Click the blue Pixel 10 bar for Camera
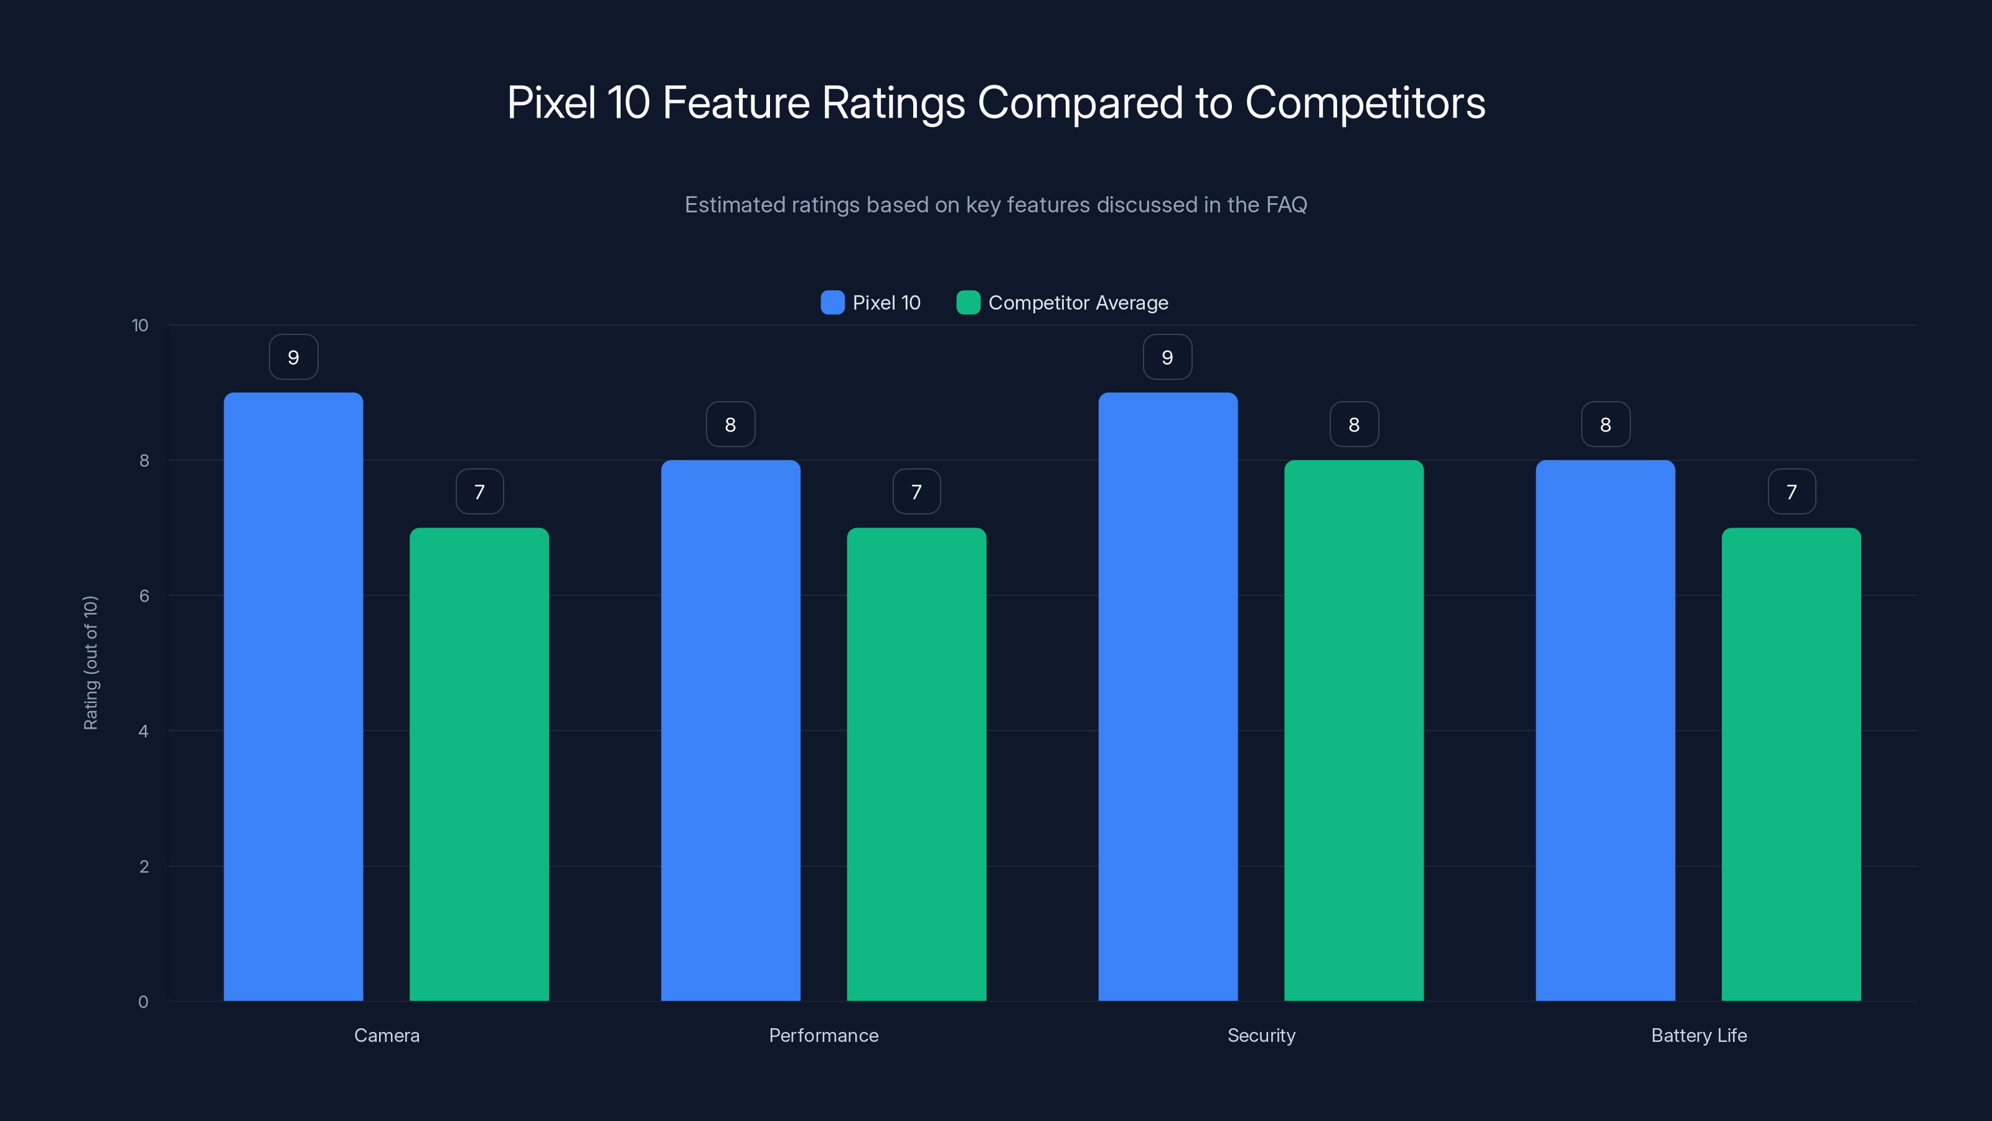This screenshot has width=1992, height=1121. (x=293, y=696)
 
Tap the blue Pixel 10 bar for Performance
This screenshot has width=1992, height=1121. (x=730, y=731)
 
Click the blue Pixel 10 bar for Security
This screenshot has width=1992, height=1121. (x=1168, y=696)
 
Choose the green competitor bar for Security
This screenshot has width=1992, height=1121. (x=1353, y=731)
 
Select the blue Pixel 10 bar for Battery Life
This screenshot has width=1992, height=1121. (x=1605, y=731)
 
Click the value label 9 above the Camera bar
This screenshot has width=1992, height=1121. (x=293, y=357)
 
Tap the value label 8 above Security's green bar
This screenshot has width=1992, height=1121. (x=1353, y=424)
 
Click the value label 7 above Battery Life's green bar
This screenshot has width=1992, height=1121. (x=1791, y=491)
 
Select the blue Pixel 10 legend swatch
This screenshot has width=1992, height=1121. (x=832, y=303)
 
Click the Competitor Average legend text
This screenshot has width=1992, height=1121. (x=1078, y=303)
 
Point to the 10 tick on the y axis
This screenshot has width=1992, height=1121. (x=140, y=325)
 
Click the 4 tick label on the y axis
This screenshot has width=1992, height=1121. (x=143, y=731)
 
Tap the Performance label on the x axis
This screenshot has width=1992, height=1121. (x=824, y=1035)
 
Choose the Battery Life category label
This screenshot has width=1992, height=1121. (x=1698, y=1035)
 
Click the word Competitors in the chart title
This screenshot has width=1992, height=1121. (x=1365, y=102)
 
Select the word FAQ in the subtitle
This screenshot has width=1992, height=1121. (x=1286, y=204)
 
